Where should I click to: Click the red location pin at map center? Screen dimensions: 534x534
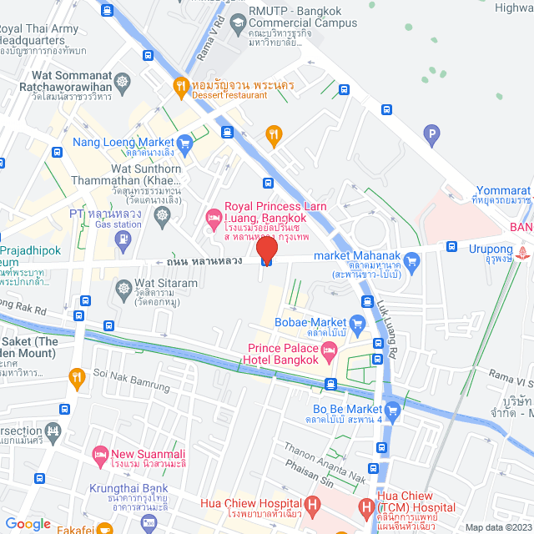[266, 249]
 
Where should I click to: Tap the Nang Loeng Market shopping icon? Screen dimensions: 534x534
[184, 142]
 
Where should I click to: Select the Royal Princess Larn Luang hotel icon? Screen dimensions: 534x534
[213, 219]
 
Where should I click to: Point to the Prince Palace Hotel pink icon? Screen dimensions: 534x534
[330, 354]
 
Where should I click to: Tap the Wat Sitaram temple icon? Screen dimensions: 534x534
[123, 287]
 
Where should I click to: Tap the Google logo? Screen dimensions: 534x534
[28, 523]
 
